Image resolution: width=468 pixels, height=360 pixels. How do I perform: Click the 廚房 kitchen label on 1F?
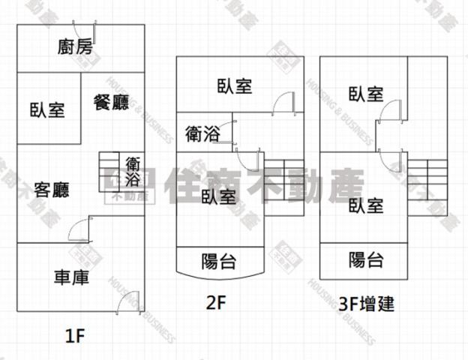(75, 47)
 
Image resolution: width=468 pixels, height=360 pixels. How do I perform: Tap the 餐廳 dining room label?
(111, 103)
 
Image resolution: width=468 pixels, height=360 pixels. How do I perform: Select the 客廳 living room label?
(52, 189)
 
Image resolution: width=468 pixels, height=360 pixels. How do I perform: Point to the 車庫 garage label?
(72, 277)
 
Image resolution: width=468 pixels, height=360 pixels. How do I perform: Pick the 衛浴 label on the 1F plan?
(133, 172)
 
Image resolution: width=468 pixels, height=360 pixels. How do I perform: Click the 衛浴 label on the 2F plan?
(202, 133)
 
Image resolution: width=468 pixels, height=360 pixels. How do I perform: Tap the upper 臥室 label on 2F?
(234, 86)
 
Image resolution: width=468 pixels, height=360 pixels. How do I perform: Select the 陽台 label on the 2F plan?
(220, 261)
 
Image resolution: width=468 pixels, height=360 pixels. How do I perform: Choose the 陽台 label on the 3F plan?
(367, 260)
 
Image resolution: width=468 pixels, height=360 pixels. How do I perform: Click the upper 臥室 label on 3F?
(366, 94)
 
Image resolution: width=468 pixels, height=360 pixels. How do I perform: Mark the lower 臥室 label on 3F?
(366, 205)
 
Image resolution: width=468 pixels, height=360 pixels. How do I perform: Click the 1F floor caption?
(76, 334)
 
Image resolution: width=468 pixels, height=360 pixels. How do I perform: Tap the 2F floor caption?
(217, 304)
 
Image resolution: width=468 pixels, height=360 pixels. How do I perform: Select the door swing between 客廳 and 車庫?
(79, 229)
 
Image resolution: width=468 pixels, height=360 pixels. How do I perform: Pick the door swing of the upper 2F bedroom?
(283, 103)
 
